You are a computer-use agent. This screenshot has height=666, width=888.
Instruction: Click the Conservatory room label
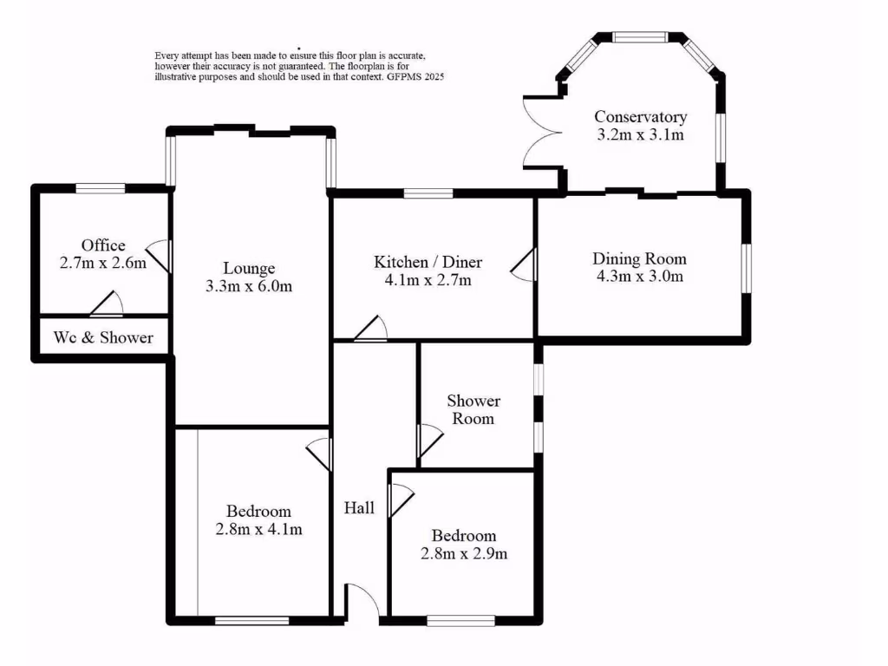click(640, 117)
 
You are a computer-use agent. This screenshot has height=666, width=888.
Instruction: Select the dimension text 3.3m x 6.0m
click(248, 287)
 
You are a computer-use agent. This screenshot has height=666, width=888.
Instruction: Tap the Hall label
click(359, 508)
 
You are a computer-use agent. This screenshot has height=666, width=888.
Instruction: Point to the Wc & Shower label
click(103, 337)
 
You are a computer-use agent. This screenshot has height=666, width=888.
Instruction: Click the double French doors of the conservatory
click(541, 134)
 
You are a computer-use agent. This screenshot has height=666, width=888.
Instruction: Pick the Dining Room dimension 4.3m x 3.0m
click(639, 277)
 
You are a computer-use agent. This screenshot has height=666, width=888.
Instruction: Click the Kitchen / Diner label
click(428, 262)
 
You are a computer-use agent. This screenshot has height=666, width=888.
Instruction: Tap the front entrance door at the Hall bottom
click(363, 602)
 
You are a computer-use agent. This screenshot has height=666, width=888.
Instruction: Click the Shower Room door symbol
click(428, 441)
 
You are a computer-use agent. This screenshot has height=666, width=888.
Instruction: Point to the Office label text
click(103, 245)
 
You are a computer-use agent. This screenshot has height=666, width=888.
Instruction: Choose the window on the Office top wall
click(100, 187)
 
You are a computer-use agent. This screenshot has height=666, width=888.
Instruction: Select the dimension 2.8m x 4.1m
click(258, 529)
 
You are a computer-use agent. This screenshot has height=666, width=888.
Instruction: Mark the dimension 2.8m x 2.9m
click(464, 553)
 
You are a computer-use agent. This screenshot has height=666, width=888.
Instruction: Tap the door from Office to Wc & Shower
click(107, 304)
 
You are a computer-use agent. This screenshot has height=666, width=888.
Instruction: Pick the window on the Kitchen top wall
click(428, 193)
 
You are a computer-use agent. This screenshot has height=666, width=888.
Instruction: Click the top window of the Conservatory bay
click(640, 37)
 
